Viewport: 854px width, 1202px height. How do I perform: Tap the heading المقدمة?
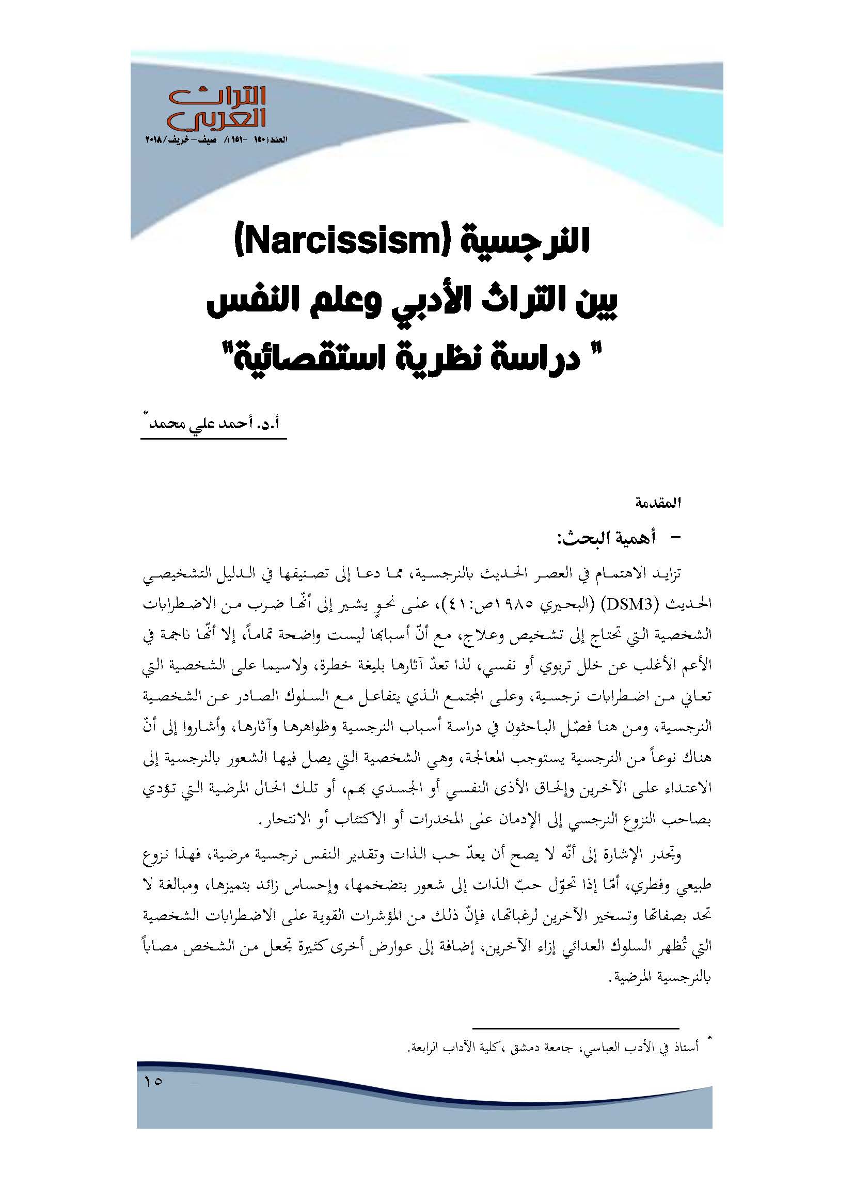click(x=658, y=504)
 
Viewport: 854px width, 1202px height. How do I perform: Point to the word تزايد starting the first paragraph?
click(x=666, y=573)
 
